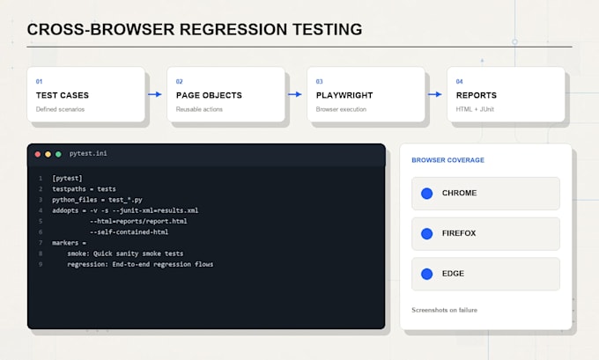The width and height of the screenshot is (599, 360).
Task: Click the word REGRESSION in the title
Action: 233,29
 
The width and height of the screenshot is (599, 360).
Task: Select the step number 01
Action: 39,81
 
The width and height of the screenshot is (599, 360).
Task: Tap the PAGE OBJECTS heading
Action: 209,95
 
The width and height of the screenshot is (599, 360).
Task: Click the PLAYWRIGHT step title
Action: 344,95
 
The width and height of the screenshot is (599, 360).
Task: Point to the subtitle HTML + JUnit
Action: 475,109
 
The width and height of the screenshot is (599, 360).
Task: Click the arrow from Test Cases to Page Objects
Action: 155,94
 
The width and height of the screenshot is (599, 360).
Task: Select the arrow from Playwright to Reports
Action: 435,94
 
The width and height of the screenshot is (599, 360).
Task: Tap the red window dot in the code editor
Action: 37,154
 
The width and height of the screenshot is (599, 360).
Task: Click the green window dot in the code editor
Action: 58,154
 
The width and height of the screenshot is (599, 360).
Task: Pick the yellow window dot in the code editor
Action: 48,154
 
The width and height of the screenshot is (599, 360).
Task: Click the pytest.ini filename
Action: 88,153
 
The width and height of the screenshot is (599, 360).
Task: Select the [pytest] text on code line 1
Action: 67,179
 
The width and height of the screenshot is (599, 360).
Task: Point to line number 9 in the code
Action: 41,264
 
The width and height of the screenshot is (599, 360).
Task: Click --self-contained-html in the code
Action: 129,231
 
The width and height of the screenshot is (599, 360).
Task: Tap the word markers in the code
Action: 65,243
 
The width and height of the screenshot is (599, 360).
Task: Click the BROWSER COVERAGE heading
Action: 447,160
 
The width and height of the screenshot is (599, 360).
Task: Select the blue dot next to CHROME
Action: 426,194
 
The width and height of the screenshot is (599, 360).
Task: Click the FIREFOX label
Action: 459,233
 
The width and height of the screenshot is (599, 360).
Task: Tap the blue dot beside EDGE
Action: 426,274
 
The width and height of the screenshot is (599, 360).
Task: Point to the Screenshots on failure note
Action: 444,310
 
